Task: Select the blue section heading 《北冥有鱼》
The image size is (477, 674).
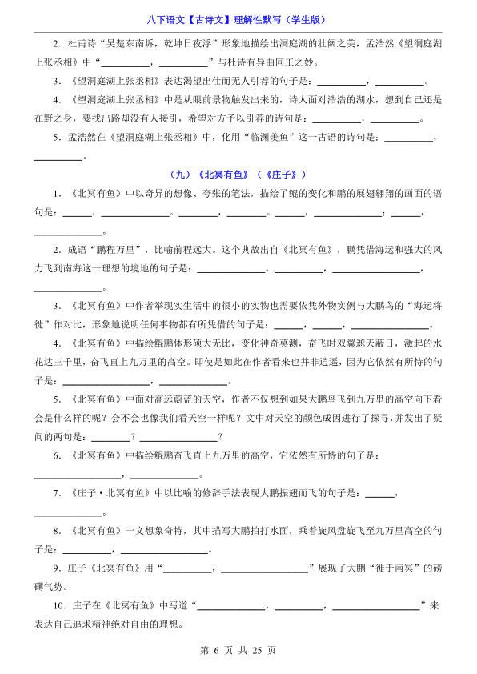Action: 222,174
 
